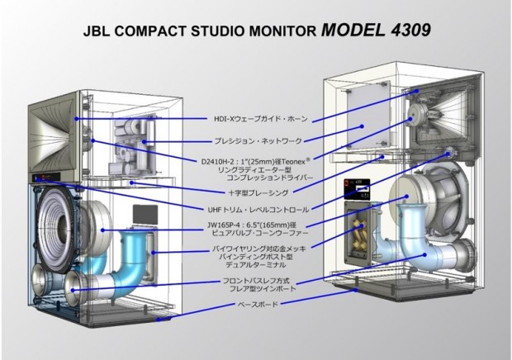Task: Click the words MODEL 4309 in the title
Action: tap(375, 29)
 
